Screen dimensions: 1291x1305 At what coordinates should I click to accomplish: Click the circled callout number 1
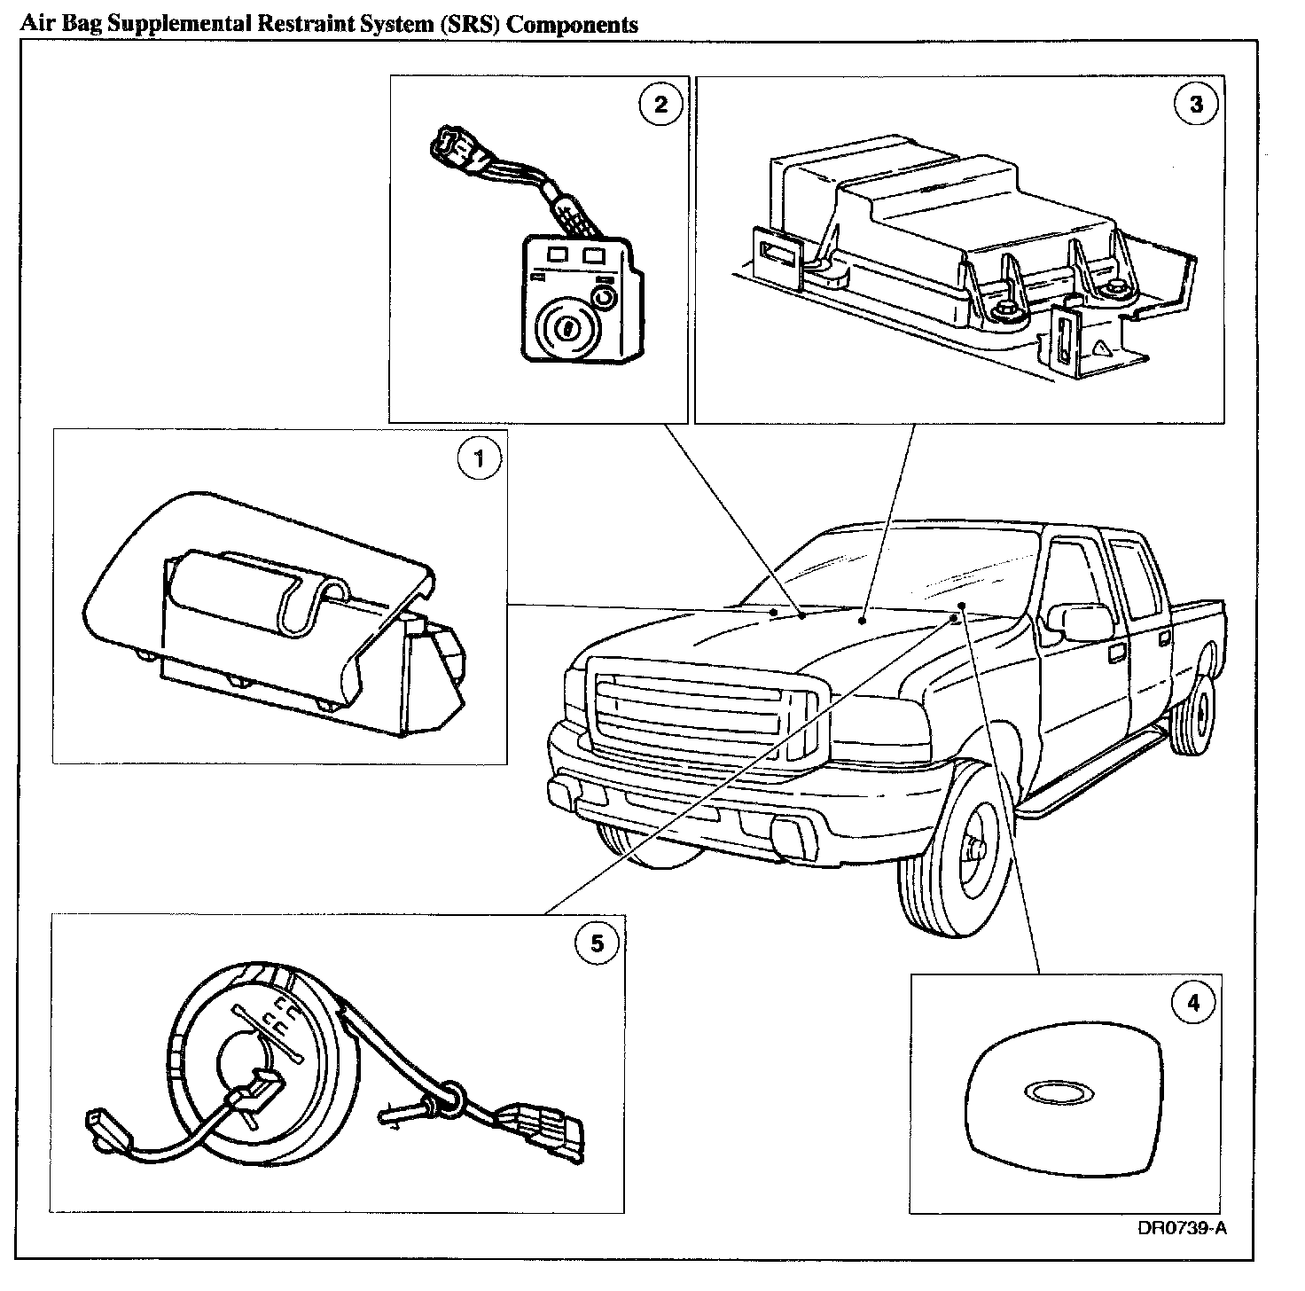[x=479, y=458]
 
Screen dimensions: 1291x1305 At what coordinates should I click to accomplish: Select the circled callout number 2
[x=660, y=105]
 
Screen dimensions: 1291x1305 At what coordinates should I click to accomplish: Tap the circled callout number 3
[x=1196, y=104]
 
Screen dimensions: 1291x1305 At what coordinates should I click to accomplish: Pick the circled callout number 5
[x=597, y=943]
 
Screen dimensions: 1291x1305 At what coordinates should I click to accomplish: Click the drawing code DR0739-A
[x=1182, y=1228]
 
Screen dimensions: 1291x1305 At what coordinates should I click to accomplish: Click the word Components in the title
[x=574, y=24]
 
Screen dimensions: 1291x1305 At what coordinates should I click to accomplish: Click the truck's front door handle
[x=1114, y=653]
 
